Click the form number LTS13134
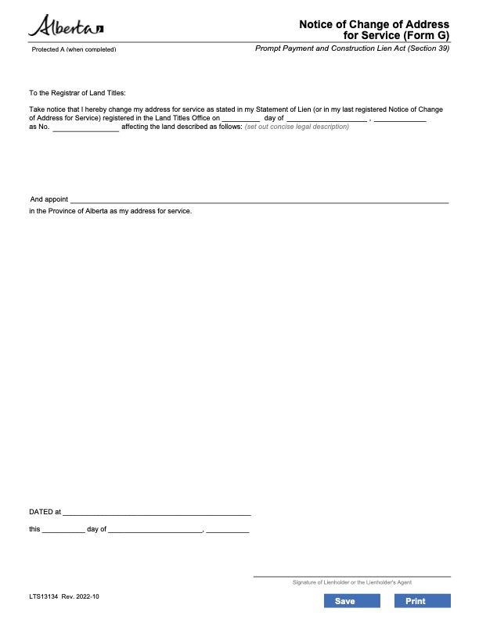[x=43, y=596]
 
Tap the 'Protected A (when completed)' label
[x=74, y=49]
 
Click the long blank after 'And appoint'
[x=259, y=201]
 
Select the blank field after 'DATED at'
[x=157, y=513]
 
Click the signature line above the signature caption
[x=351, y=576]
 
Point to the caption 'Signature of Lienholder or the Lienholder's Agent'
[x=351, y=582]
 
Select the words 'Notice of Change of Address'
[x=374, y=25]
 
